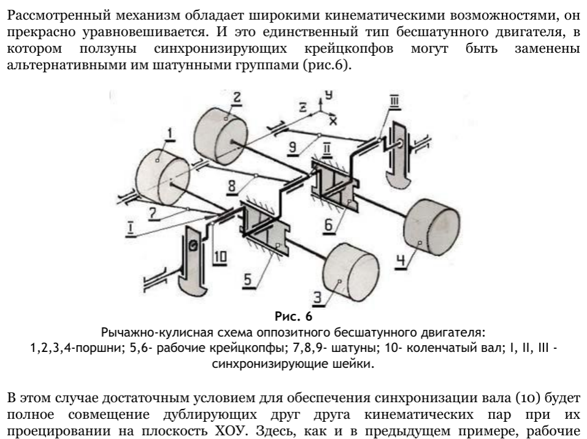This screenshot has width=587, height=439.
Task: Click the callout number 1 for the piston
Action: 171,132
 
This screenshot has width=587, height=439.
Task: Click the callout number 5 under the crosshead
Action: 248,278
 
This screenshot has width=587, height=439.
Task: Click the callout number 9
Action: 294,147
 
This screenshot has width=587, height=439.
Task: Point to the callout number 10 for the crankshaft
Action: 220,257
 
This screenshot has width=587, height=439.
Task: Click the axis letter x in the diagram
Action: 333,120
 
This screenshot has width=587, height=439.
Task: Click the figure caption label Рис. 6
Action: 293,317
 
